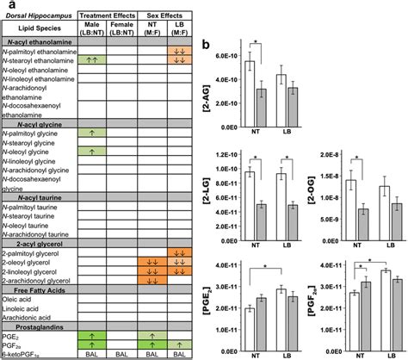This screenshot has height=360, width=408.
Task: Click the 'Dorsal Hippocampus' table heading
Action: point(38,16)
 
